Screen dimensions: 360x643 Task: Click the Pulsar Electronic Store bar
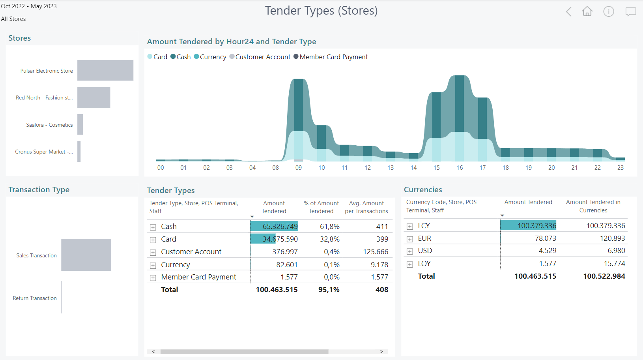105,70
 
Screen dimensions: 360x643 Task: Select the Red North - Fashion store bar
93,97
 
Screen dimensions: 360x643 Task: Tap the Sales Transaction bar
86,255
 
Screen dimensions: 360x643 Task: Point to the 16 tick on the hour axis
460,168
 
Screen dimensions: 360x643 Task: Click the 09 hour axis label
299,168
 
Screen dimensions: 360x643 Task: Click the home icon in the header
587,11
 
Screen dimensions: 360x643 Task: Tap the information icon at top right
609,11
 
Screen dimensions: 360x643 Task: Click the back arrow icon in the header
568,12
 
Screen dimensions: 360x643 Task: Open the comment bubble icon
630,12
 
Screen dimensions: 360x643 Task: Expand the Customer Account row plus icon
153,252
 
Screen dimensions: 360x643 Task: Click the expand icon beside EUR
410,239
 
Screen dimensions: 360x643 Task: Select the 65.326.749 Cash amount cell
280,227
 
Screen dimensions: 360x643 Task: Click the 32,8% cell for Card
329,239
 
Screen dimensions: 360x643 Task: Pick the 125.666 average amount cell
375,252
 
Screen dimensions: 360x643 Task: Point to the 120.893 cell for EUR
612,238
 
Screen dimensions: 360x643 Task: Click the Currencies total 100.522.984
604,276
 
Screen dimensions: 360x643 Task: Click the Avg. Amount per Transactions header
366,207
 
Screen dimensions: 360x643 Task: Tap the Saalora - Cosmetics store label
49,125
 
